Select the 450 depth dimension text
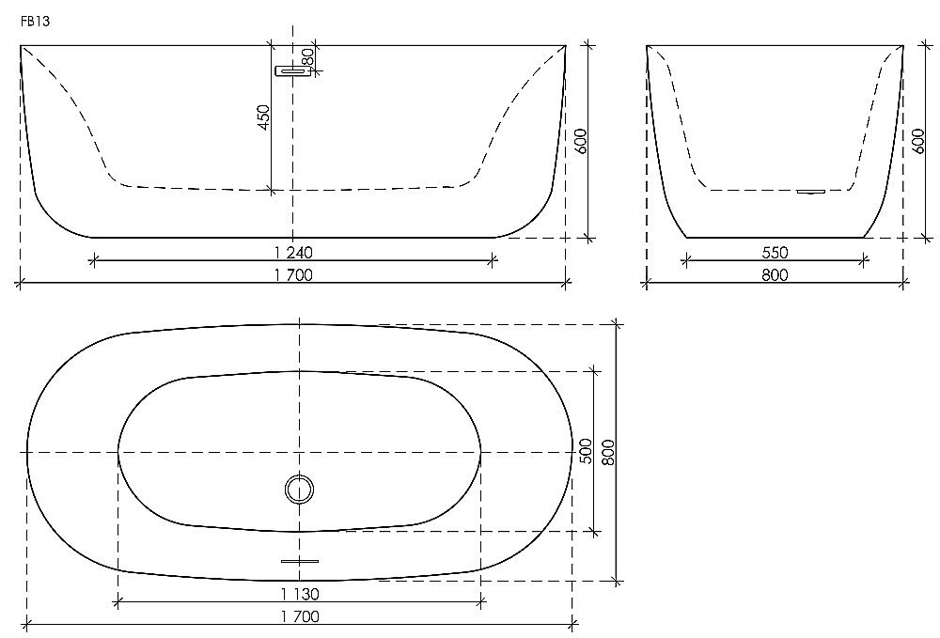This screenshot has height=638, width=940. point(263,117)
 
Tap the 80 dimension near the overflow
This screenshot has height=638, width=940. point(306,56)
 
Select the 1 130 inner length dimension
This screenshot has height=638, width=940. point(300,593)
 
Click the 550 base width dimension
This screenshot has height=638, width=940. point(775,252)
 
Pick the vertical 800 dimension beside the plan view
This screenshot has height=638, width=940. point(607,453)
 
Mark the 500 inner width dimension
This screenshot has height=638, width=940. point(585,452)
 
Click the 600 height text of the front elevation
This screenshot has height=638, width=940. point(580,141)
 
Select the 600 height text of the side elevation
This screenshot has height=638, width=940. point(919,141)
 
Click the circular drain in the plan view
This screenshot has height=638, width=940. point(300,490)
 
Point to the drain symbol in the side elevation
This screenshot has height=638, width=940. point(810,192)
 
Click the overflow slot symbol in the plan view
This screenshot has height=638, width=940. point(300,561)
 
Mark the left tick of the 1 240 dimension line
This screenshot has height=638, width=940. point(92,261)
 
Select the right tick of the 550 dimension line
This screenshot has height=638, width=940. point(865,261)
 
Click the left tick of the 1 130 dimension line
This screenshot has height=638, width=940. point(118,602)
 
